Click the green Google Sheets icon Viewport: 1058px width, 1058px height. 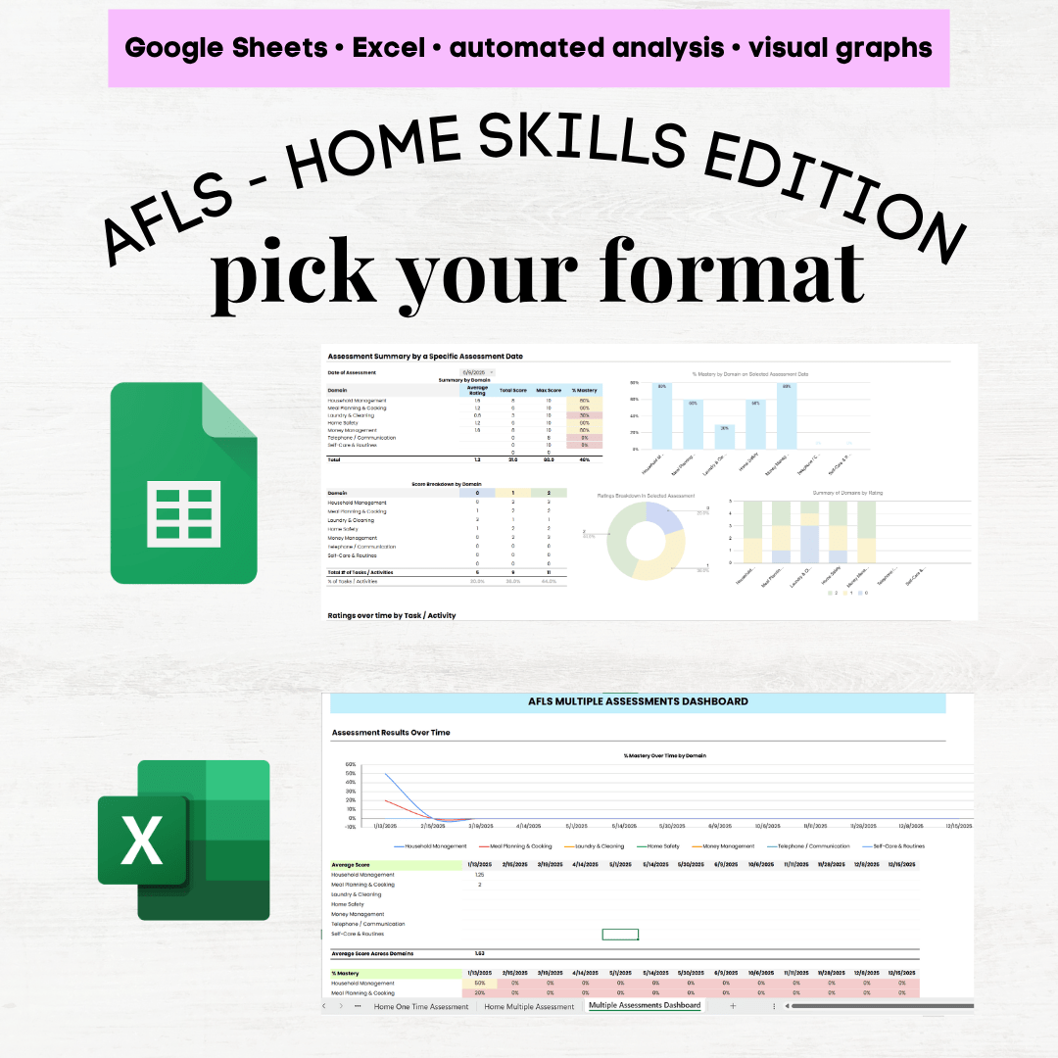coord(183,483)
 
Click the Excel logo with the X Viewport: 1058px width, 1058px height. coord(183,840)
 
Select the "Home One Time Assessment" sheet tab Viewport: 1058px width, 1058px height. coord(421,1006)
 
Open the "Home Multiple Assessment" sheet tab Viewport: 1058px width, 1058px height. coord(529,1006)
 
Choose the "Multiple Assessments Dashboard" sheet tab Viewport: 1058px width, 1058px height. coord(645,1005)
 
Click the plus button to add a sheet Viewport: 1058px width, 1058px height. coord(732,1006)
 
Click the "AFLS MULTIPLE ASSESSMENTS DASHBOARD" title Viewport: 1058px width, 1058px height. coord(638,701)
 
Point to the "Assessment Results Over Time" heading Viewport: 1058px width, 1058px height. coord(391,732)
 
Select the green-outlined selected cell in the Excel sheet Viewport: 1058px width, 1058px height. coord(620,935)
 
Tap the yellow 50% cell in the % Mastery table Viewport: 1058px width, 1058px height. coord(480,983)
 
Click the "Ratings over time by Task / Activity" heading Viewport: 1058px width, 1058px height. coord(392,615)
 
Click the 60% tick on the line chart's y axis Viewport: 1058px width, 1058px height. coord(351,764)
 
